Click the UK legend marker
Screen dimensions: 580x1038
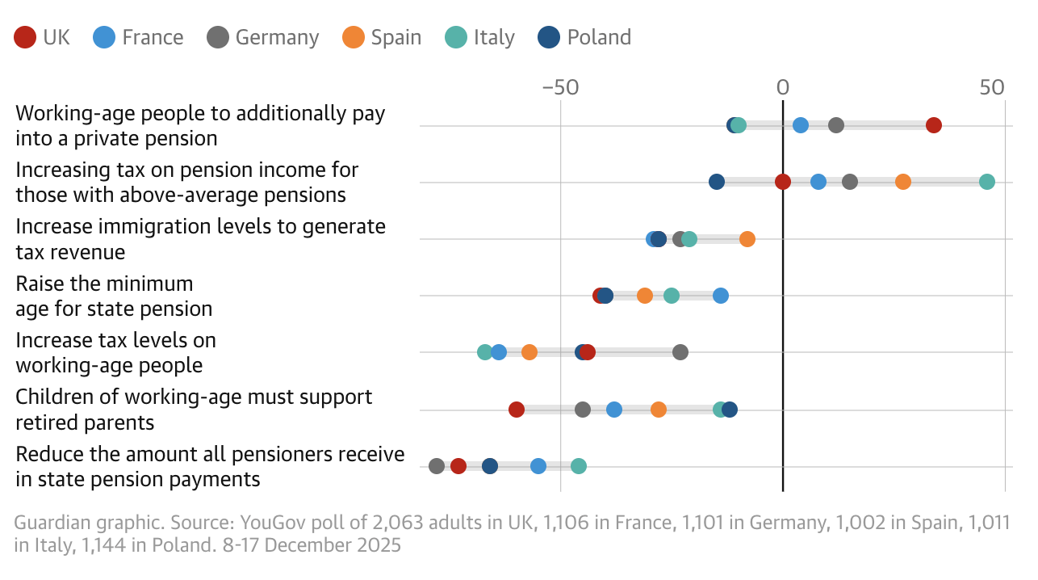(26, 37)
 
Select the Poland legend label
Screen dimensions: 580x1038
(599, 37)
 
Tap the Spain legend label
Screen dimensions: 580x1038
(396, 37)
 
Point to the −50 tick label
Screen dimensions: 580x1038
(559, 88)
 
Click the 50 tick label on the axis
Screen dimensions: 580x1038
(992, 88)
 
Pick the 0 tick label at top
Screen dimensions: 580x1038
(782, 88)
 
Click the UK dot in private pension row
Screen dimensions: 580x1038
(934, 125)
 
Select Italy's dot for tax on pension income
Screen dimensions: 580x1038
(986, 182)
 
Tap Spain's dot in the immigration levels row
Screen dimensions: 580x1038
(747, 239)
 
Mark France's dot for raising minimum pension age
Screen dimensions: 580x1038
(721, 296)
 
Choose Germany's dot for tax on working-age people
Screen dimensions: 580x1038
(680, 352)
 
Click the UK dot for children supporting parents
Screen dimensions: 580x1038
(517, 410)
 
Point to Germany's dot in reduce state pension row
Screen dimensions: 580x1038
(437, 466)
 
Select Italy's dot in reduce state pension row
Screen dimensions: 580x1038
(579, 466)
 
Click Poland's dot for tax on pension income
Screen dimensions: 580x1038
(717, 182)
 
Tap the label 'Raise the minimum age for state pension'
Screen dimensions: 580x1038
(114, 296)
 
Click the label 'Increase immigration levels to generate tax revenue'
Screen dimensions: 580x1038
(200, 239)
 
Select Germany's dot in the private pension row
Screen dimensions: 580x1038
(836, 125)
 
